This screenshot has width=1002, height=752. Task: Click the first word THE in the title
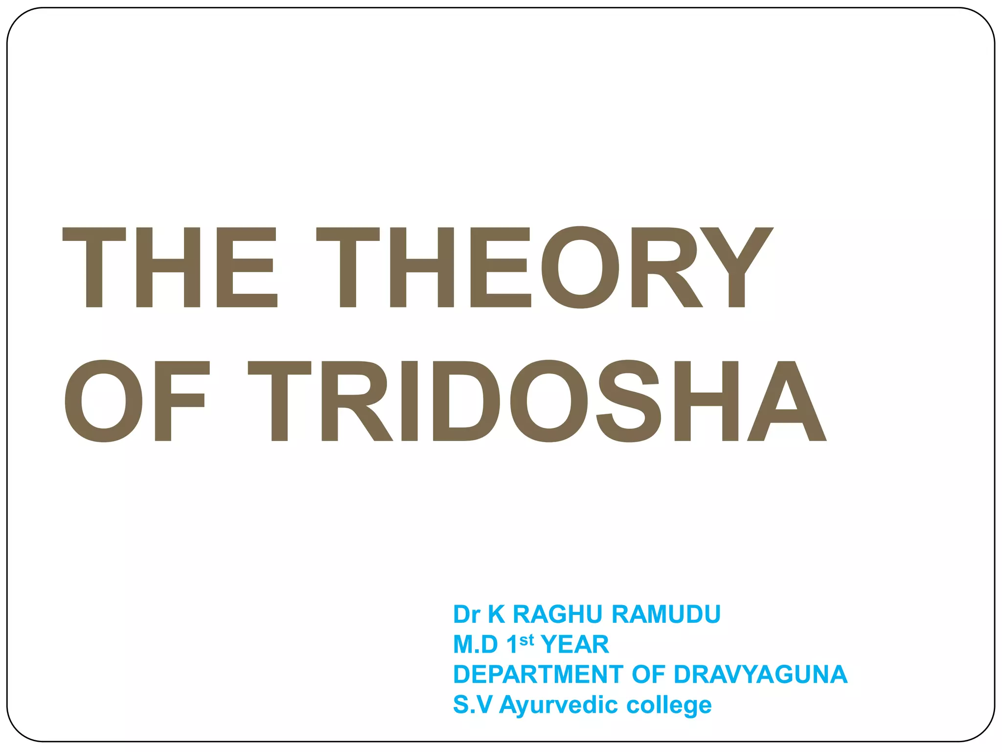click(x=170, y=267)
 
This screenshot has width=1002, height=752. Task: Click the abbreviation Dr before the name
click(x=467, y=614)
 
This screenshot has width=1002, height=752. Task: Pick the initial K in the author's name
click(x=497, y=614)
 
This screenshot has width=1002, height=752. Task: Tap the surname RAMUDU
click(x=666, y=614)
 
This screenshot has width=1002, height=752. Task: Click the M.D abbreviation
click(x=475, y=644)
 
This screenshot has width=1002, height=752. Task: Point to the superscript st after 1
click(x=526, y=640)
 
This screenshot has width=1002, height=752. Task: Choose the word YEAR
click(x=575, y=644)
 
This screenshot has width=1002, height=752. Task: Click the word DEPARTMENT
click(x=538, y=674)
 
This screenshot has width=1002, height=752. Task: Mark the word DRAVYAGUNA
click(x=760, y=674)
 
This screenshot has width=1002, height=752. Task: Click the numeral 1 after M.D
click(x=512, y=644)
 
